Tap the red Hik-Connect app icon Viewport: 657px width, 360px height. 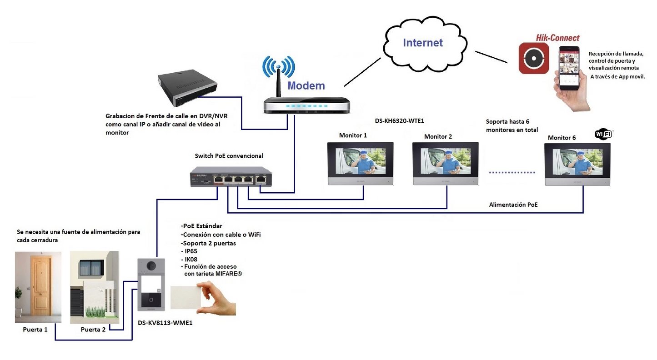pos(533,58)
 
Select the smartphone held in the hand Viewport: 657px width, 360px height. pos(569,68)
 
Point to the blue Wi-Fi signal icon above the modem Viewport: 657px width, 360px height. pos(279,67)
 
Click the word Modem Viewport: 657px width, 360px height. pos(306,85)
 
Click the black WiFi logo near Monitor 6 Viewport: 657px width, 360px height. pos(603,134)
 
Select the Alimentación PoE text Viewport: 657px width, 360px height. pos(513,205)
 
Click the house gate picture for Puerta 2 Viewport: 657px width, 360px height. pos(94,287)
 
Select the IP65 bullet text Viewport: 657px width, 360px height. pos(191,251)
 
